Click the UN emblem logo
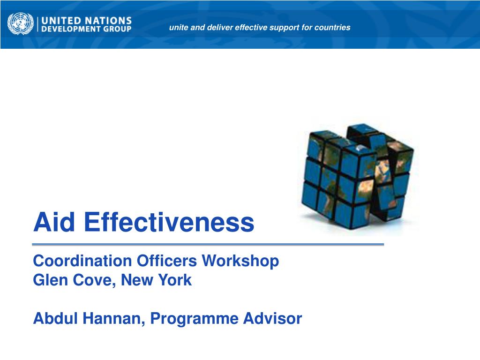[21, 24]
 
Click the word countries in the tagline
[332, 28]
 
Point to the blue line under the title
[208, 245]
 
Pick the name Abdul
[52, 319]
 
